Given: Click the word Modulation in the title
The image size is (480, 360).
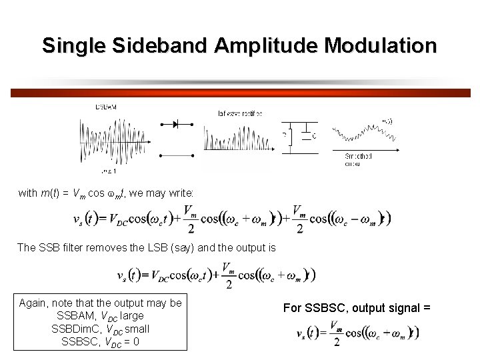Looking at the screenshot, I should [380, 45].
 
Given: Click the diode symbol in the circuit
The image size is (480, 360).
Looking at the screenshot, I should [176, 125].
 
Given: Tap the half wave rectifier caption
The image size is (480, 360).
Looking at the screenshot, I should [240, 113].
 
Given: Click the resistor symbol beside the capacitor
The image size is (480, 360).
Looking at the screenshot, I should [288, 136].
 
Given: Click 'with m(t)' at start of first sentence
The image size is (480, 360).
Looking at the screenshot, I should [37, 193].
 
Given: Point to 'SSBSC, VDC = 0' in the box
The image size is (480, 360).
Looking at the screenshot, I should [100, 341].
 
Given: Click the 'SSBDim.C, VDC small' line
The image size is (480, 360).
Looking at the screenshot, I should [100, 329].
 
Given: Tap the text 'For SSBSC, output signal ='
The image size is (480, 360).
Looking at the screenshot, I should [357, 307].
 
